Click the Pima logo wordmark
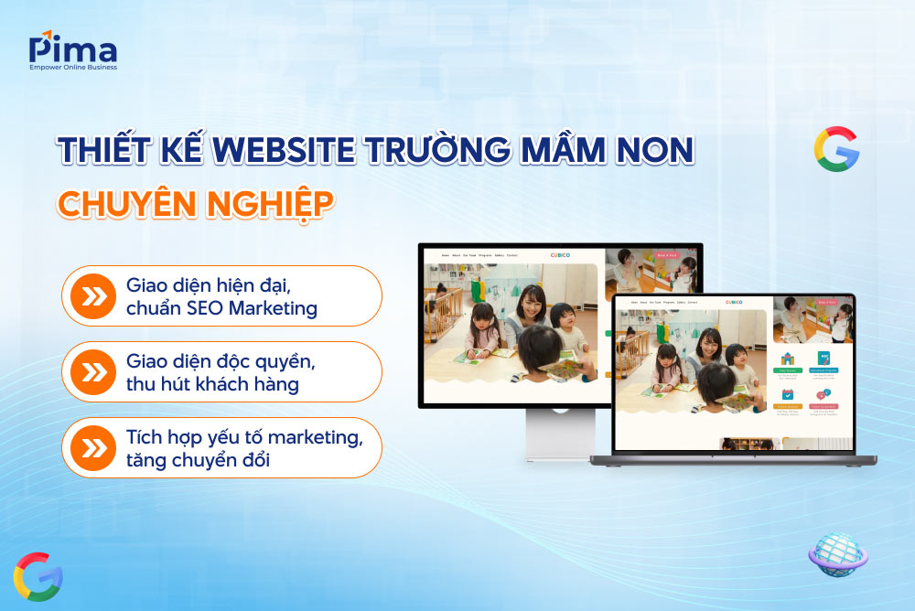tap(72, 47)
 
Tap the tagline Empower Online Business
tap(72, 67)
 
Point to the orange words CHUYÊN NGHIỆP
tap(192, 203)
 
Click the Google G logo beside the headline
tap(835, 149)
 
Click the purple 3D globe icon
tap(838, 553)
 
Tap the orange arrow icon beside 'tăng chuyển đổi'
tap(92, 447)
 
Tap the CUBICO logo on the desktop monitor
tap(560, 255)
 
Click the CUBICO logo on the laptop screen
tap(734, 302)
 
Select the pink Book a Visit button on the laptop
tap(826, 302)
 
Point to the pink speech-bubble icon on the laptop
tap(825, 394)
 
